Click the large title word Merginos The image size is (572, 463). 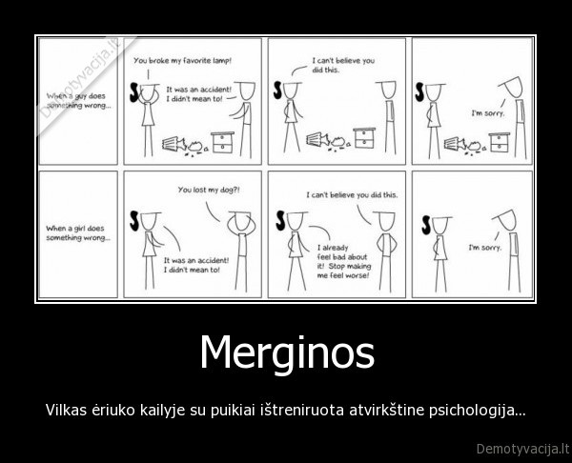[286, 354]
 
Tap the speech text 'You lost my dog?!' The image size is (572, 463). [209, 190]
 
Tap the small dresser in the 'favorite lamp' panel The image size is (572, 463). [225, 140]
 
